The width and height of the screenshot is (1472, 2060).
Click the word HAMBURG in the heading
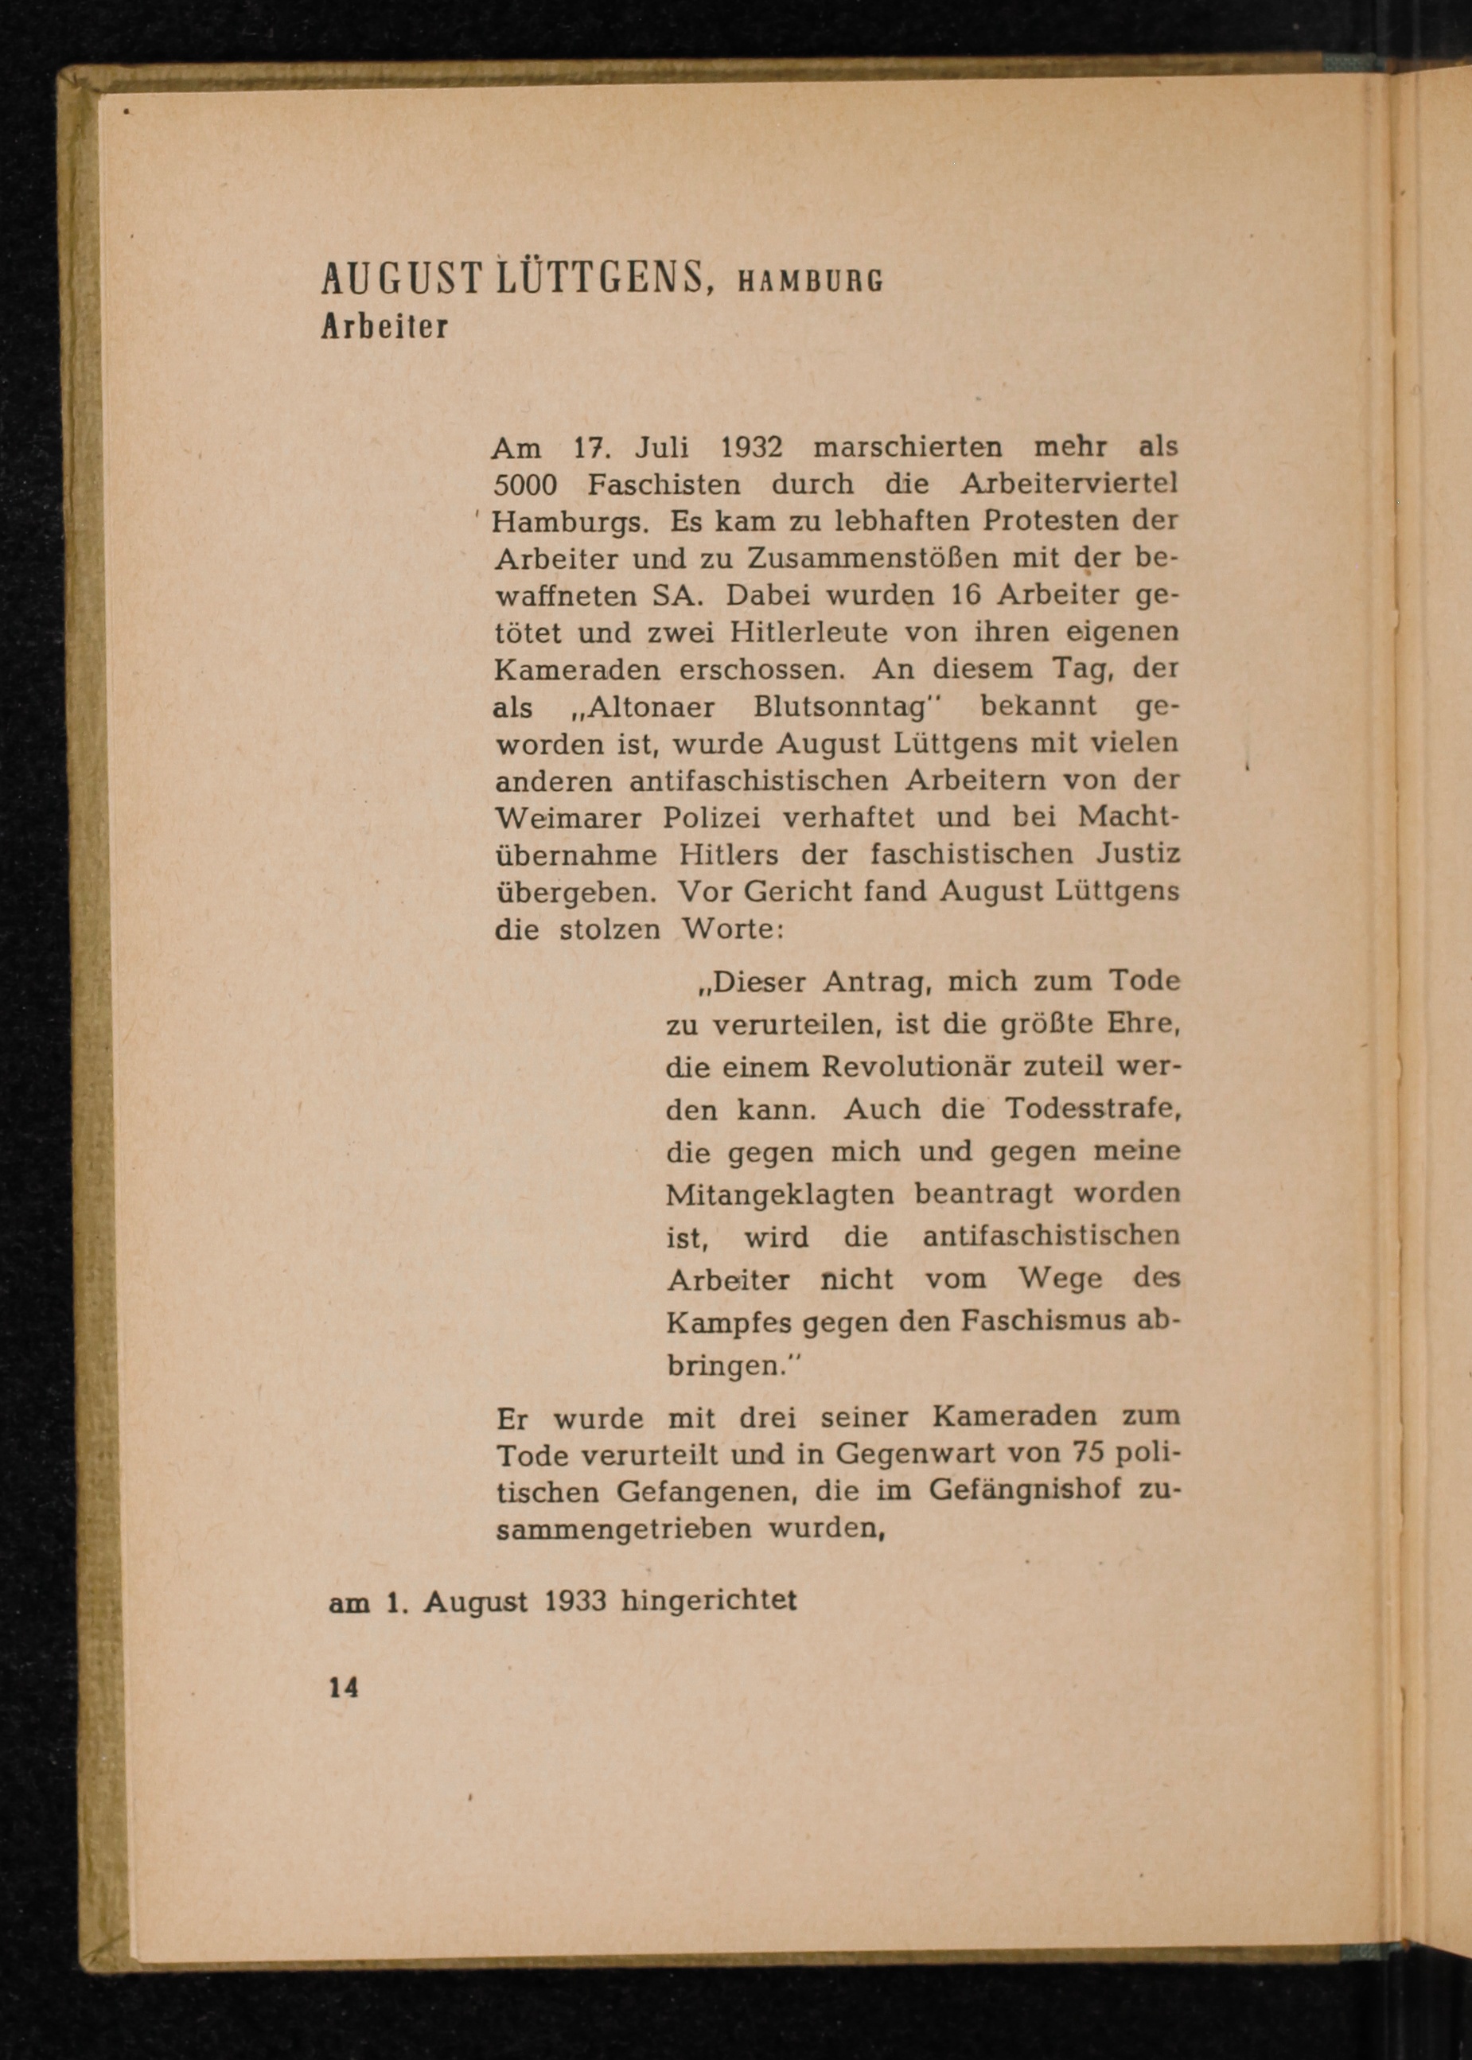810,282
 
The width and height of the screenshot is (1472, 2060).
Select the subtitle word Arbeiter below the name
385,326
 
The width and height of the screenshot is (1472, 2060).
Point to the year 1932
750,447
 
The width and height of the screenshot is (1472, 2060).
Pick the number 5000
525,485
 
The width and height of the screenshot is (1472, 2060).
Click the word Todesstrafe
1092,1108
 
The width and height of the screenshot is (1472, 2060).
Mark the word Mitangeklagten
780,1194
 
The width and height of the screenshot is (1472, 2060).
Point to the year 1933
574,1602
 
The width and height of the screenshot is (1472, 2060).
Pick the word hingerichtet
709,1602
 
